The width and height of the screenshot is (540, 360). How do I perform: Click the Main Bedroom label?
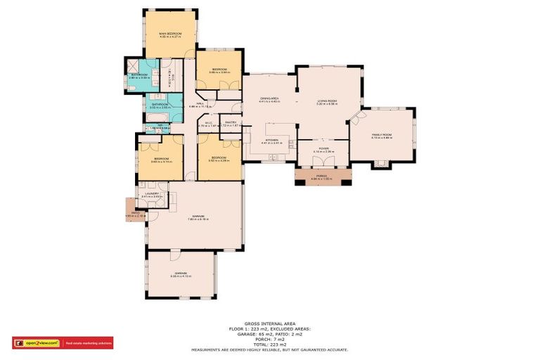[x=170, y=34]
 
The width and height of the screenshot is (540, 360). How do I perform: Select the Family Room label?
[x=382, y=136]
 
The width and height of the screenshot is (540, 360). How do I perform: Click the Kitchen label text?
[x=270, y=141]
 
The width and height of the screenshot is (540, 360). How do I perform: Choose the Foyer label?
[x=323, y=149]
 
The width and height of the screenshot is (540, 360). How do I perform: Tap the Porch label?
[x=322, y=176]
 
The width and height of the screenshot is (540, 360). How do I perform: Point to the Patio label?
[x=136, y=212]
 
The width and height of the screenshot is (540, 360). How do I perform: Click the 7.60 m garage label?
[x=195, y=217]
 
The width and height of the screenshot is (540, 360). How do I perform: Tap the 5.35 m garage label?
[x=181, y=275]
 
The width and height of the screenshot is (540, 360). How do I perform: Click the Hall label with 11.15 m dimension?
[x=200, y=105]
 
